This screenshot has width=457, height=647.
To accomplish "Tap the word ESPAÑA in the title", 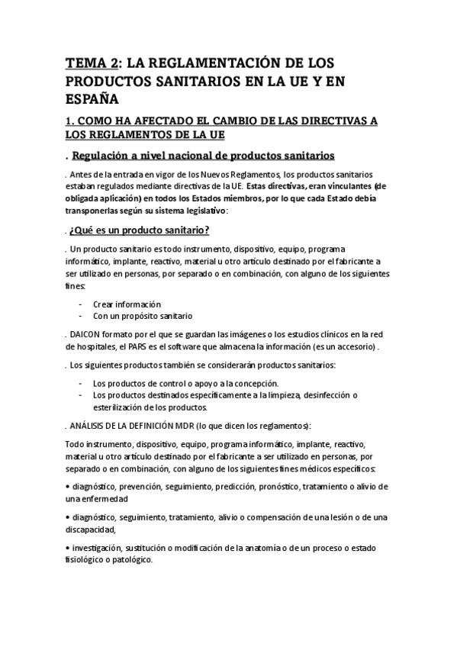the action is (x=92, y=98).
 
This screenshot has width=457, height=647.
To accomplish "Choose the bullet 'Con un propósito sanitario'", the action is (x=142, y=314).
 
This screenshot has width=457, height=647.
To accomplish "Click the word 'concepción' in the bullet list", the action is (x=253, y=383).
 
